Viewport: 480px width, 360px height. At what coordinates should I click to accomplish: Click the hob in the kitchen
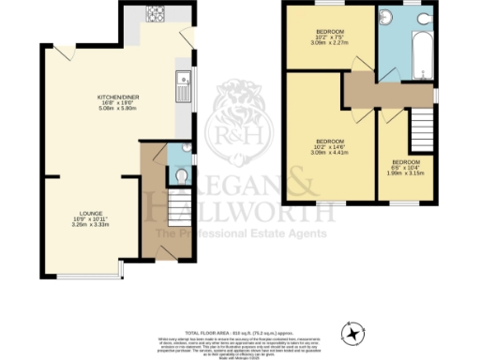coord(155,16)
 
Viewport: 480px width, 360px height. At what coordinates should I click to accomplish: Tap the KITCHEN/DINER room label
coord(118,97)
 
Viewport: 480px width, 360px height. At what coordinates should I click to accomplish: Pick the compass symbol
coord(352,332)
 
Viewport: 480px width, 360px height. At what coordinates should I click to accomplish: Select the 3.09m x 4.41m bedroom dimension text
coord(329,152)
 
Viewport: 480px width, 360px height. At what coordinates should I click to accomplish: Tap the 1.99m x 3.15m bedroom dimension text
coord(407,172)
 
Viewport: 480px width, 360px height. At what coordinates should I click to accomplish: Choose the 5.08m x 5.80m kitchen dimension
coord(118,109)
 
